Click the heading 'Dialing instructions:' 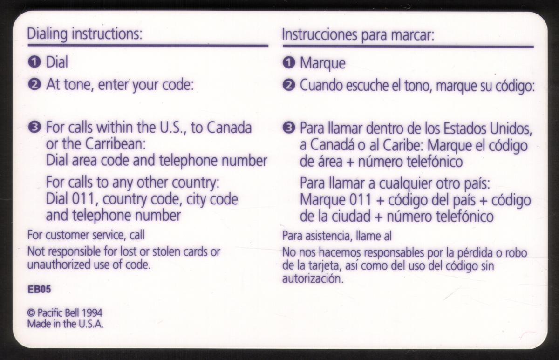[x=85, y=34]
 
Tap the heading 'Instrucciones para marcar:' [x=358, y=35]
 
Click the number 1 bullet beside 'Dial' [x=34, y=62]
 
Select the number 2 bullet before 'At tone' [x=34, y=85]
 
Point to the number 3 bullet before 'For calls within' [x=34, y=128]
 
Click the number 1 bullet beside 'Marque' [x=289, y=62]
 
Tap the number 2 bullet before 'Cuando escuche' [x=289, y=85]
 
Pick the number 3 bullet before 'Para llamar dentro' [x=289, y=128]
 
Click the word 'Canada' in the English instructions [x=229, y=128]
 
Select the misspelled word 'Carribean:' [x=116, y=144]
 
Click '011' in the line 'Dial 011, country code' [x=83, y=199]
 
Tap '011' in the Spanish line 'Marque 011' [x=361, y=200]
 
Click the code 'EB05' [x=39, y=289]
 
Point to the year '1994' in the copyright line [x=92, y=313]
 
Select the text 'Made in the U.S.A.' [x=65, y=324]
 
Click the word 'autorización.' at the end [x=313, y=279]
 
